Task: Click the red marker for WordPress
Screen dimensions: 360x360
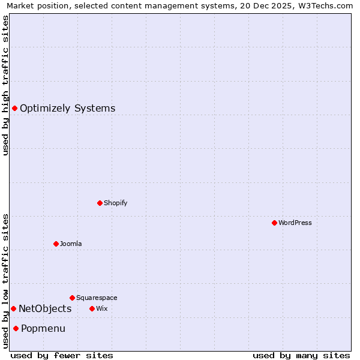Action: [x=274, y=223]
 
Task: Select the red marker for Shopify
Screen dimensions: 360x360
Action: [x=100, y=203]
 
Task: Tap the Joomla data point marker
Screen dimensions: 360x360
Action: [x=56, y=244]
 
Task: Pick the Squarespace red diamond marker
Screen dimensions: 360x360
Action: [x=72, y=298]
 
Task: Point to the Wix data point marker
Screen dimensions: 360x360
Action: [x=92, y=308]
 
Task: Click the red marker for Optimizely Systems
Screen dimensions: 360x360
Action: [x=14, y=108]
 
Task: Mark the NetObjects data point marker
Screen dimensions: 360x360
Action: [x=13, y=308]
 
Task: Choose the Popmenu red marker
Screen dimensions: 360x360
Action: [x=16, y=328]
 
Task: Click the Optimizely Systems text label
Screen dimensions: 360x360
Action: [x=68, y=109]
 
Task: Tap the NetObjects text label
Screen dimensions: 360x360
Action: [x=45, y=309]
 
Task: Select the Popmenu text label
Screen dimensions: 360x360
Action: [x=43, y=329]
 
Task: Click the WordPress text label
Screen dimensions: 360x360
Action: [x=295, y=223]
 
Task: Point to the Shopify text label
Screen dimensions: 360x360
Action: [x=116, y=203]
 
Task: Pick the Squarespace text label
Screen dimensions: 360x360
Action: [x=97, y=298]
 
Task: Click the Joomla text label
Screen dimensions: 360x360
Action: [x=71, y=244]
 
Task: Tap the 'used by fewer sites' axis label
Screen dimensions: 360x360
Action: [x=62, y=356]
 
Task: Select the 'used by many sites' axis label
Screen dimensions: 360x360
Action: [x=301, y=356]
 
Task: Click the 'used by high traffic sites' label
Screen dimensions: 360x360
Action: [x=5, y=85]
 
